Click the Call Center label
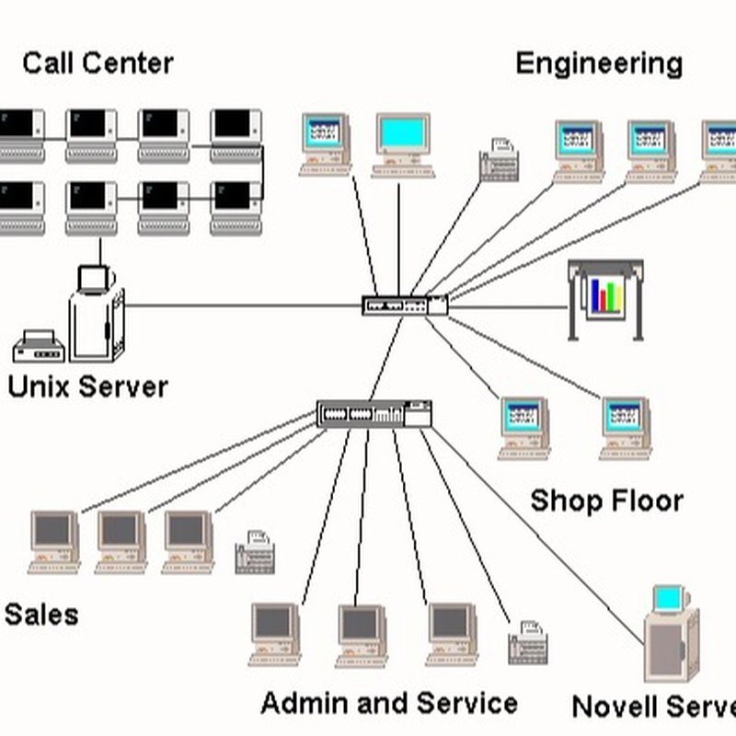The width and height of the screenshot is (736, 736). pos(98,63)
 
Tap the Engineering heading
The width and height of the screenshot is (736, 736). pos(599,63)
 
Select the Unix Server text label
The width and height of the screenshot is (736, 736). pos(87,386)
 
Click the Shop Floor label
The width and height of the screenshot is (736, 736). pos(606,501)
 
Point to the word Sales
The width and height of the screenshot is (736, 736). pos(41,615)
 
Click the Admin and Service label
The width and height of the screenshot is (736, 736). pos(388,704)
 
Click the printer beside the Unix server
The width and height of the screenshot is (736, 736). pos(38,346)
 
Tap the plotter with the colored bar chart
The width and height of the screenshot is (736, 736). pos(605,297)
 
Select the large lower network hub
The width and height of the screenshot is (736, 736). pos(374,413)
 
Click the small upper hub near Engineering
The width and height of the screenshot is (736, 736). pos(405,305)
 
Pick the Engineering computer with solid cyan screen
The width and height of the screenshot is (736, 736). pos(403,144)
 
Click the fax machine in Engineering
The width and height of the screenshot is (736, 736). pos(500,160)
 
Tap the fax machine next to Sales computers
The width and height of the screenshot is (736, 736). pos(255,553)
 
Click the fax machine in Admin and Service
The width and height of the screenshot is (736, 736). pos(528,642)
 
